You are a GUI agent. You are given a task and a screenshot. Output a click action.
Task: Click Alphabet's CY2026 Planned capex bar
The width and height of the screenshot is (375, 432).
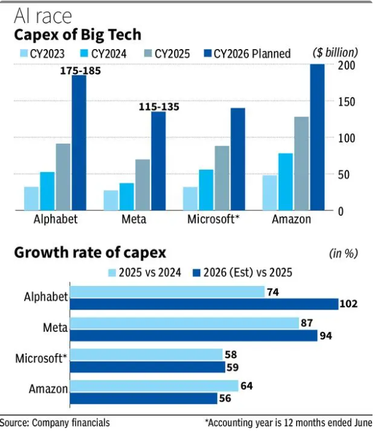tap(79, 143)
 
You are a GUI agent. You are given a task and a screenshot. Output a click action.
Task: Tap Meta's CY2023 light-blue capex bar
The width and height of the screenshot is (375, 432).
tap(111, 200)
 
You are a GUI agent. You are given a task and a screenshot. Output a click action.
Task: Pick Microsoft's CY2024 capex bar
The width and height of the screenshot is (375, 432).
tap(206, 190)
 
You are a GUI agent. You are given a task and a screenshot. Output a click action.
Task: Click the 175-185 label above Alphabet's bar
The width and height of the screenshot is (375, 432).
tap(80, 70)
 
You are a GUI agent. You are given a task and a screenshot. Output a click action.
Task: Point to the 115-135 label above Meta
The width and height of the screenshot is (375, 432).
tap(159, 107)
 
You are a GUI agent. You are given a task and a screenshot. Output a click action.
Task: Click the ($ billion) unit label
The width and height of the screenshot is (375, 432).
tap(335, 53)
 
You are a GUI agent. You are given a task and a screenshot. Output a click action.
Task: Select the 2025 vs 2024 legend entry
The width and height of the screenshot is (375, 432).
tap(145, 272)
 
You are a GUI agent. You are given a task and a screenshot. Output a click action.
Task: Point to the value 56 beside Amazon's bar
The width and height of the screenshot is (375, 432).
tap(225, 398)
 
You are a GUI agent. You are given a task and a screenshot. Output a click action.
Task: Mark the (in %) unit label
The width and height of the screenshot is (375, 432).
tap(343, 253)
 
